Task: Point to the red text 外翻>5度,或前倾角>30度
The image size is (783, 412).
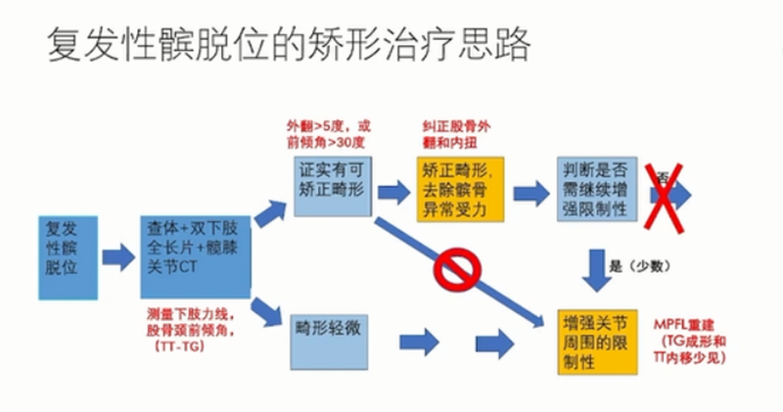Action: point(329,134)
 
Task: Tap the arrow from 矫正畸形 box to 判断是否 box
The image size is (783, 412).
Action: point(530,191)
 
